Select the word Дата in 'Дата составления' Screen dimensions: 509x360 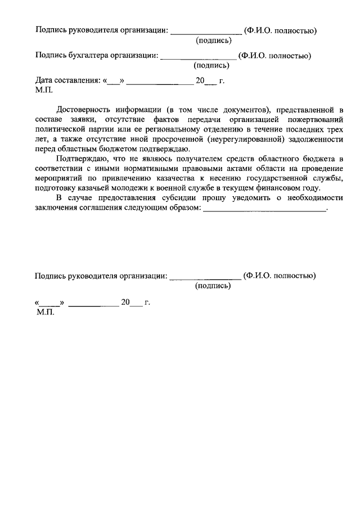click(x=45, y=80)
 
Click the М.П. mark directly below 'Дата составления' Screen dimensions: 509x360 click(x=44, y=89)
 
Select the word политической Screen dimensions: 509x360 click(x=60, y=129)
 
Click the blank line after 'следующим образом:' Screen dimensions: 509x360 click(x=264, y=210)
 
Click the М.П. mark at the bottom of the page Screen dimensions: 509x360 click(x=44, y=312)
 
